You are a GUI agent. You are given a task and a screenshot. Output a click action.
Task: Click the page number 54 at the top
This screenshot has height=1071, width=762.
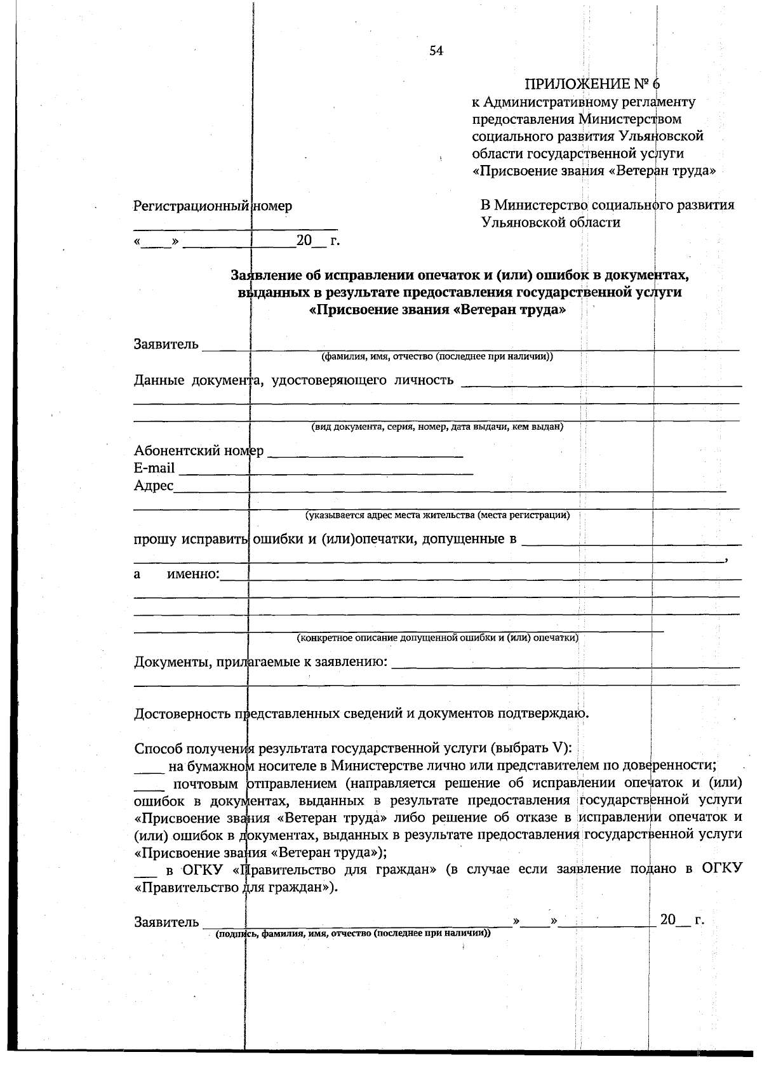click(436, 51)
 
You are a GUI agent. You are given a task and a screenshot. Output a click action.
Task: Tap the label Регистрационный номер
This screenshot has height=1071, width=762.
click(213, 206)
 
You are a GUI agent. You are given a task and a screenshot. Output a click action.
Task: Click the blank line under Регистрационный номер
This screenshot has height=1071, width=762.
click(235, 227)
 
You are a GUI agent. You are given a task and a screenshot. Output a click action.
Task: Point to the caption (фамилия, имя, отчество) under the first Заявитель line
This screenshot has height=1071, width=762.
click(437, 357)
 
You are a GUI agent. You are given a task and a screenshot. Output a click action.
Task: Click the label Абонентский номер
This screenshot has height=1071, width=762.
click(198, 451)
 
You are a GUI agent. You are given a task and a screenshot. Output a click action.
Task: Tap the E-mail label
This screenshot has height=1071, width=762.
click(154, 469)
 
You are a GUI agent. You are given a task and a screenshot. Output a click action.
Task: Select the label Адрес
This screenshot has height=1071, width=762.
click(153, 486)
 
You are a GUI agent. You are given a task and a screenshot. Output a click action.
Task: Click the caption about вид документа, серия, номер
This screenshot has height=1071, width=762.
click(437, 427)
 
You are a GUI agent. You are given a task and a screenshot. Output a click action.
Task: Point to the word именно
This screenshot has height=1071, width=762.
click(192, 575)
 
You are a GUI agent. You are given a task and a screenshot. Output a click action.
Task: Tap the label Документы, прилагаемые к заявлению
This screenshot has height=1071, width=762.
click(260, 662)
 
